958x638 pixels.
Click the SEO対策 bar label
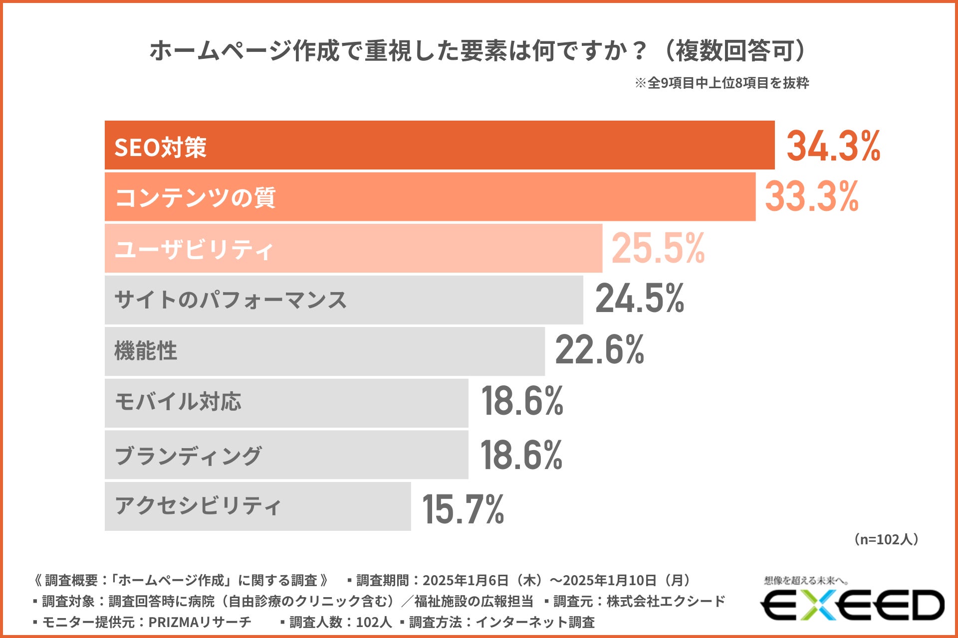pos(160,148)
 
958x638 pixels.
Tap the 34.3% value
pos(833,146)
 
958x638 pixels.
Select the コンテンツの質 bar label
pos(195,198)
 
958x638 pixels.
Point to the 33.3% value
pos(811,197)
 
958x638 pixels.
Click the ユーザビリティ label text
pos(194,249)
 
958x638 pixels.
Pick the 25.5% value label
pos(658,248)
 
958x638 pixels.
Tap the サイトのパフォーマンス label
pos(231,300)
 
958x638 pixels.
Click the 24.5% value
pos(640,299)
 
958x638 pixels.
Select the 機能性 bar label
pos(146,351)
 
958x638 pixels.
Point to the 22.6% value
pos(599,350)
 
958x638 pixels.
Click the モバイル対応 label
pos(178,402)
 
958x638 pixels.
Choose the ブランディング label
pos(188,455)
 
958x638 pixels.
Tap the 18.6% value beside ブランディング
pos(521,455)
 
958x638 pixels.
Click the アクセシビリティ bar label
pos(198,506)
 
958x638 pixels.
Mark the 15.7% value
pos(463,509)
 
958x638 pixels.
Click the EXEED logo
pos(852,605)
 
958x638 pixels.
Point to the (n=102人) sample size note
pos(886,539)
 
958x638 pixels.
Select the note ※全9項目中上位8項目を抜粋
pos(721,83)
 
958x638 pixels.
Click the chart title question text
pos(478,51)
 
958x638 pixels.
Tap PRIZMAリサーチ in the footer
pos(200,622)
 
